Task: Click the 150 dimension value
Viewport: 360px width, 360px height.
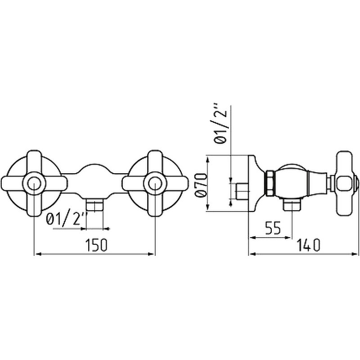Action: coord(96,245)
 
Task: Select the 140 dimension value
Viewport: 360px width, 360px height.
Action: coord(309,245)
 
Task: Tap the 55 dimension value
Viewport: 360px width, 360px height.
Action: coord(273,228)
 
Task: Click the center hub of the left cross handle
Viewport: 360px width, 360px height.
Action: coord(34,184)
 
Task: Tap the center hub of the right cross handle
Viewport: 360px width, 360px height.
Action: coord(155,184)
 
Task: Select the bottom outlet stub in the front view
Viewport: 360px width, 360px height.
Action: coord(94,205)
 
